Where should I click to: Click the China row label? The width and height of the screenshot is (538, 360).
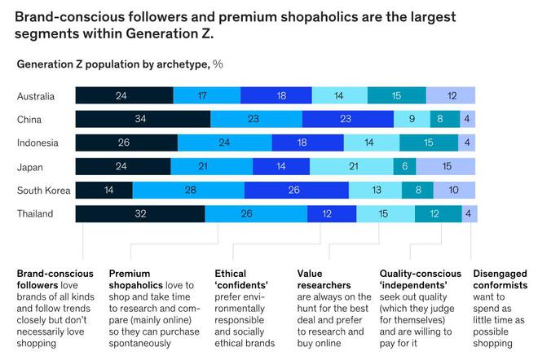30,119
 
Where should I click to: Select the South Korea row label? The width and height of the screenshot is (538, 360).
42,191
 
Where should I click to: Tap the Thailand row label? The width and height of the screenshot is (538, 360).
35,214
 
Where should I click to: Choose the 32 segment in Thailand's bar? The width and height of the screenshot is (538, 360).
140,214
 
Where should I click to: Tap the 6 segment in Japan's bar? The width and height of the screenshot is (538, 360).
405,167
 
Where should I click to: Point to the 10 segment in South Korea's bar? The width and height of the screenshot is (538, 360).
454,191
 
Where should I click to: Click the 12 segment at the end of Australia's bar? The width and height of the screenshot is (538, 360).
452,95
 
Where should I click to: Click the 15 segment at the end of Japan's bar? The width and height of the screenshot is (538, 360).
446,167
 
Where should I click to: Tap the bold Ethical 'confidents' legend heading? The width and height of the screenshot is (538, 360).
242,279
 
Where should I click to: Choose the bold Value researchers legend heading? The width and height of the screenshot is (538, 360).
324,279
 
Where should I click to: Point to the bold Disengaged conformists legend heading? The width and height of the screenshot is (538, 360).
500,279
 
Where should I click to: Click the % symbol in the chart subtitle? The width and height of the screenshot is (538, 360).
218,64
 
